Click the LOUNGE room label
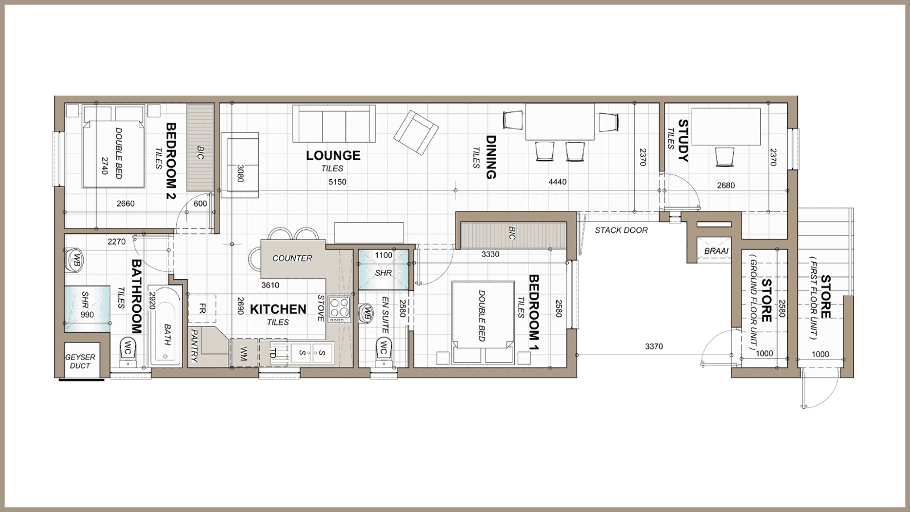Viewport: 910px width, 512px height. [333, 155]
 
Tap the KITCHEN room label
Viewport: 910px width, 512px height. [278, 309]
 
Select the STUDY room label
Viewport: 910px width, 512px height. [683, 141]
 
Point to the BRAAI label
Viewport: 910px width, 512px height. [716, 251]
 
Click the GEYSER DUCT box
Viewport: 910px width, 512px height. [80, 361]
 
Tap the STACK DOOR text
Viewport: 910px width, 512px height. [621, 230]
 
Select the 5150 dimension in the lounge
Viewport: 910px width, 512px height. [337, 182]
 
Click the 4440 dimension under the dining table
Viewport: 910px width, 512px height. [557, 182]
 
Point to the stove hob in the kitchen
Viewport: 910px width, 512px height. [340, 309]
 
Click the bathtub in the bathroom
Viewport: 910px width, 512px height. [166, 325]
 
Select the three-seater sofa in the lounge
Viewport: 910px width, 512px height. [334, 123]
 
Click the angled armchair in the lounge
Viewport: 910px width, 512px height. [416, 132]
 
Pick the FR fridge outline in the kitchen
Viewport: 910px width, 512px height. [202, 308]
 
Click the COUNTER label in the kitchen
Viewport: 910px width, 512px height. [292, 258]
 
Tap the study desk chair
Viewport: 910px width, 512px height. [725, 157]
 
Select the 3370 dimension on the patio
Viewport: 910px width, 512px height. [654, 346]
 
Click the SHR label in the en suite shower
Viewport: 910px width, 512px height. [383, 273]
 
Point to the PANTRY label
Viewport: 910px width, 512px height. [195, 345]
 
